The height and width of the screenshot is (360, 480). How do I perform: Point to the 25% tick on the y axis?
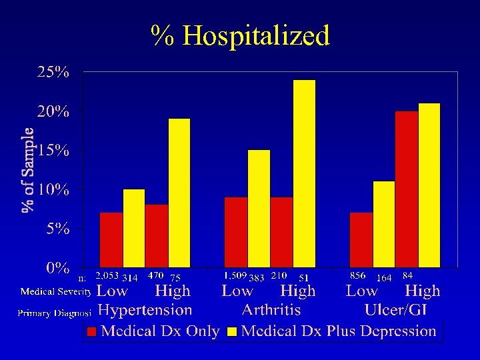tap(53, 72)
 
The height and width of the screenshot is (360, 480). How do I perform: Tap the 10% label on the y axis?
tap(53, 189)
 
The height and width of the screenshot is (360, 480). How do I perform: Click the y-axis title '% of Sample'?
tap(29, 170)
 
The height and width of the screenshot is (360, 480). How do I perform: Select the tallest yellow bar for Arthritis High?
tap(305, 173)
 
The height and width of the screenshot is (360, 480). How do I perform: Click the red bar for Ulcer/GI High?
tap(406, 189)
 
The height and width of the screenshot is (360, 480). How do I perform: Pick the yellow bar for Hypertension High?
tap(179, 193)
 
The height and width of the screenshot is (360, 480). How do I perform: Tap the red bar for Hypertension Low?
tap(111, 240)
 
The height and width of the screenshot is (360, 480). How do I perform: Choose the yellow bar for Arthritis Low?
tap(259, 208)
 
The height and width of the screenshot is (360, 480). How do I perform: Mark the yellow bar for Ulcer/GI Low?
tap(384, 224)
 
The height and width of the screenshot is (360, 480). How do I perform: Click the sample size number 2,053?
tap(107, 275)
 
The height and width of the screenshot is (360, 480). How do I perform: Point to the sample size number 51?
tap(304, 277)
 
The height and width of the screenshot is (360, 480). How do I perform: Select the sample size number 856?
tap(358, 275)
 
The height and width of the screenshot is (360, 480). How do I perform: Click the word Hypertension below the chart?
tap(145, 310)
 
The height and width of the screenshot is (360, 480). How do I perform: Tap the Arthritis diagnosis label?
tap(271, 310)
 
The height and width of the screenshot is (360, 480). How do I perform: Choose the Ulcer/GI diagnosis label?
tap(396, 310)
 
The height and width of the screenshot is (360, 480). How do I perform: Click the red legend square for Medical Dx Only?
tap(92, 331)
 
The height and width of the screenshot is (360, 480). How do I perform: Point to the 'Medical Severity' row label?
tap(55, 291)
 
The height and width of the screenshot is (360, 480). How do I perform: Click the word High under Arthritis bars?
tap(298, 291)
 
